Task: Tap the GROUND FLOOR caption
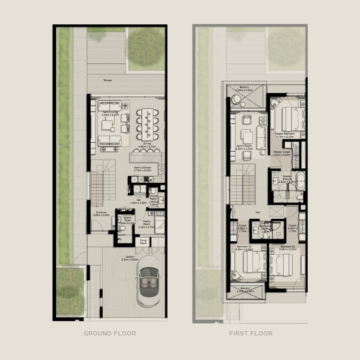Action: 110,333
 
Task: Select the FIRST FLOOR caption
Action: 251,333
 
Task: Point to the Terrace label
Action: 107,80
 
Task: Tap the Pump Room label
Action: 143,242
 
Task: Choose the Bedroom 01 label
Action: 287,247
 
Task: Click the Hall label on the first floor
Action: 258,212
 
